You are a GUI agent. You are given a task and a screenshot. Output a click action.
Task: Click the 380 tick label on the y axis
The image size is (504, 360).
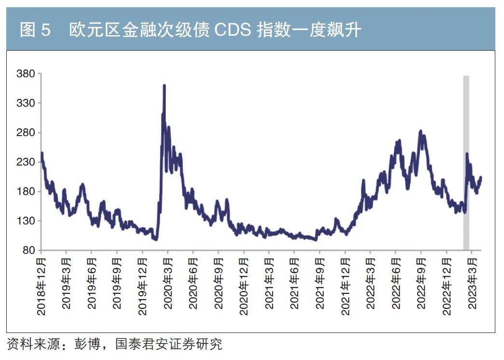point(27,74)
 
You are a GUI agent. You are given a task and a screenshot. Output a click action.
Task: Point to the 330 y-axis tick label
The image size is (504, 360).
point(27,103)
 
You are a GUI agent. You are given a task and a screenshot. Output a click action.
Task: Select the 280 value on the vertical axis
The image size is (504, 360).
point(27,133)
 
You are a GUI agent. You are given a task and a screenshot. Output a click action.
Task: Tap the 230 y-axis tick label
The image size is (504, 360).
point(27,162)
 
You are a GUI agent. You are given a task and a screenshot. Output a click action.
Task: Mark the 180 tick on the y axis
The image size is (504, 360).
point(27,192)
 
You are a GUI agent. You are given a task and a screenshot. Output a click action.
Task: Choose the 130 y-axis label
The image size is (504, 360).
point(27,221)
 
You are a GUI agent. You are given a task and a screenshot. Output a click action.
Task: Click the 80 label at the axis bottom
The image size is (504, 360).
point(29,250)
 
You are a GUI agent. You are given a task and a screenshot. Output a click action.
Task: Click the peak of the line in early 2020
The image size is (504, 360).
point(164,85)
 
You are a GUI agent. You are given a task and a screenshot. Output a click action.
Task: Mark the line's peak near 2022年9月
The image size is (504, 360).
point(421,131)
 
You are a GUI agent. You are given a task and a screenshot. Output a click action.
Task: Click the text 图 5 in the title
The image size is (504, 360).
point(35,31)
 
